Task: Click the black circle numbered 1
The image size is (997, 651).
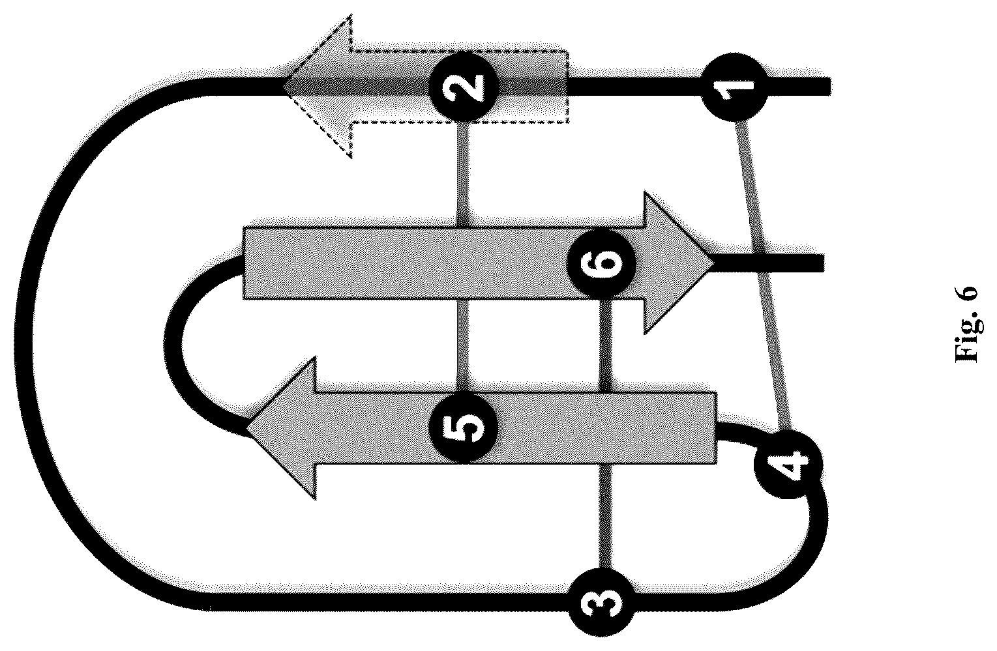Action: (x=734, y=87)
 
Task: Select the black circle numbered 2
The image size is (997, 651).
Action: (x=464, y=87)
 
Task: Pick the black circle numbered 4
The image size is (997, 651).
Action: (x=788, y=464)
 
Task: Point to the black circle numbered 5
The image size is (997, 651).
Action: (x=464, y=429)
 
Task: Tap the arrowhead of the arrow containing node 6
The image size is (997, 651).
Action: (x=679, y=263)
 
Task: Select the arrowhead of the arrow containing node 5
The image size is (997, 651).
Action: (x=281, y=427)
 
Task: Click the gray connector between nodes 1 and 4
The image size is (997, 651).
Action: (x=762, y=276)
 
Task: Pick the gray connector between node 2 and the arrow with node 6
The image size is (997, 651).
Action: (x=463, y=174)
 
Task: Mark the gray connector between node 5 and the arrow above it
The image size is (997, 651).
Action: (x=463, y=346)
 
